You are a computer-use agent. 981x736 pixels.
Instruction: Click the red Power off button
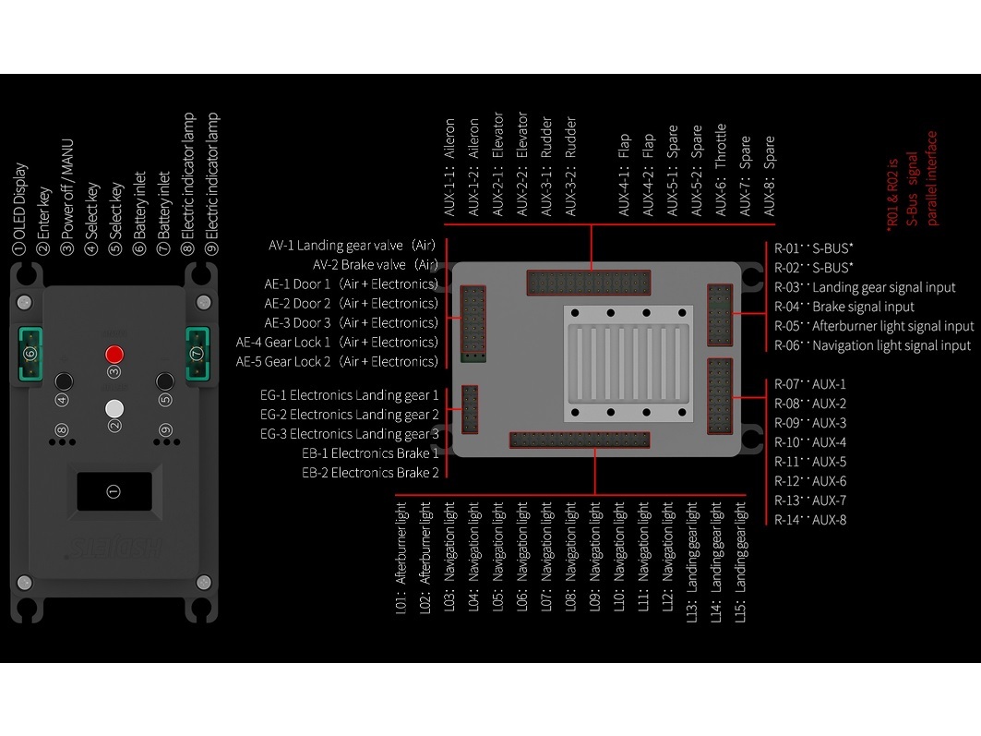tap(114, 354)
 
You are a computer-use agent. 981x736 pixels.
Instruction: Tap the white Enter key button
tap(114, 408)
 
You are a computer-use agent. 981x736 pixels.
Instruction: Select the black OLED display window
tap(114, 491)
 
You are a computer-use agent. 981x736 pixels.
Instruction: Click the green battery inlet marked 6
tap(30, 354)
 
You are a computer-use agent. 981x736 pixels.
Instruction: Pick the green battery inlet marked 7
tap(196, 354)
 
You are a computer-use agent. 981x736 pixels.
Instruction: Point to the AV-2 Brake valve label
tap(375, 265)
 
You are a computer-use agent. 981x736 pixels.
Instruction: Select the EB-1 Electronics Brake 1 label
tap(370, 453)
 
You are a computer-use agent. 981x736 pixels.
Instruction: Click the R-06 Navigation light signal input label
tap(872, 345)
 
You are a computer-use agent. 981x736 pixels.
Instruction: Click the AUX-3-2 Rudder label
tap(570, 167)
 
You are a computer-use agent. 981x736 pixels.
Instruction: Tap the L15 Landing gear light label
tap(741, 561)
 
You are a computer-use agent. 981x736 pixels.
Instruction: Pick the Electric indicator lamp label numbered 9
tap(213, 184)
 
